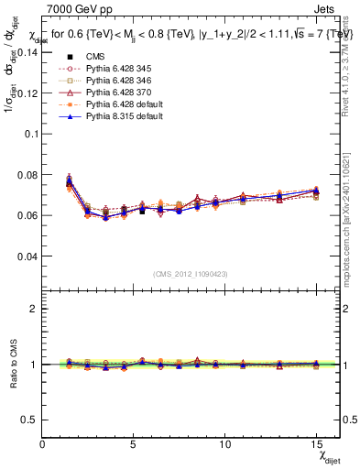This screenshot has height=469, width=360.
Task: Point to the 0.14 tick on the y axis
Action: [x=27, y=51]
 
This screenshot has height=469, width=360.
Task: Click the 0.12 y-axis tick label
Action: [x=27, y=93]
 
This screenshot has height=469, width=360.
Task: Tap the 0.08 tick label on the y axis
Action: [x=27, y=174]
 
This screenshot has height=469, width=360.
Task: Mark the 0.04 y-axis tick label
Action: [x=27, y=256]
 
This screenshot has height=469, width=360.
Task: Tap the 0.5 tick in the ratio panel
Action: [x=30, y=420]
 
